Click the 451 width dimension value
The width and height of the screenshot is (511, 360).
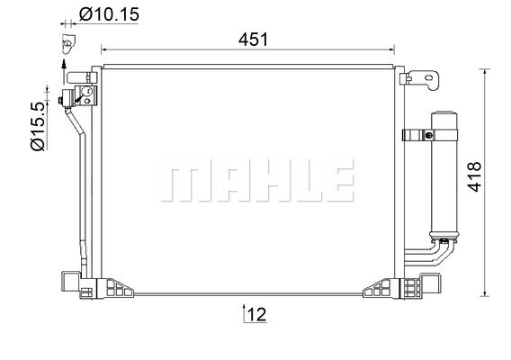coord(253,40)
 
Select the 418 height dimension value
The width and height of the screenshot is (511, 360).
coord(474,176)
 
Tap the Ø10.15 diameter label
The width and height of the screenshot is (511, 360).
coord(109,14)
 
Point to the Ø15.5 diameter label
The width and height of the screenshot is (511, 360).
coord(38,126)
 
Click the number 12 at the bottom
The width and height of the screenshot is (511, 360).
coord(256,314)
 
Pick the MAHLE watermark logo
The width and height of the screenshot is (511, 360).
coord(257,180)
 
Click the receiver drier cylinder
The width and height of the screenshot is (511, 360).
coord(444,176)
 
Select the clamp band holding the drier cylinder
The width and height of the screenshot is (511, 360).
coord(430,135)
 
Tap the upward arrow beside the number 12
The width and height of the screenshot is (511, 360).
coord(244,313)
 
